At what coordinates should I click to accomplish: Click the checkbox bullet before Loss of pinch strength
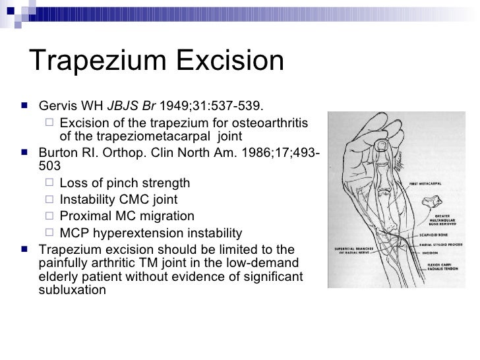click(51, 183)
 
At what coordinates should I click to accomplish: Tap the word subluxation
click(71, 289)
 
